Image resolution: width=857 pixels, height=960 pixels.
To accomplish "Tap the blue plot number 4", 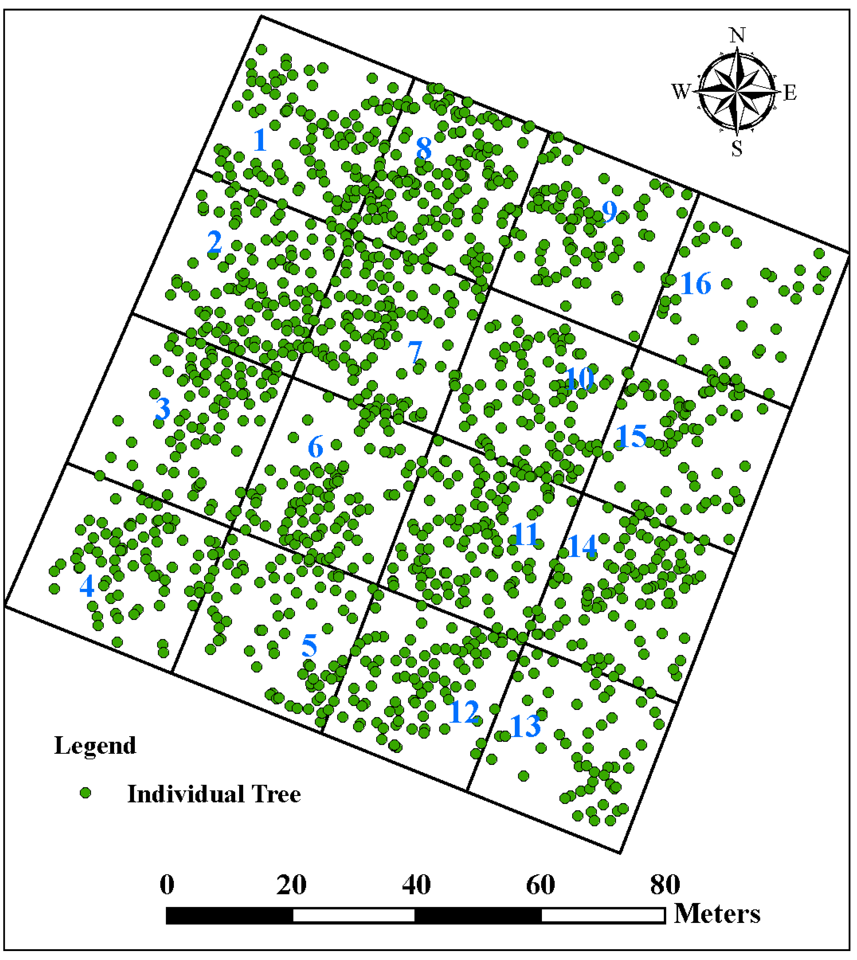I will click(87, 587).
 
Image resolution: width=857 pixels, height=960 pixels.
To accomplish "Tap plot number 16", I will click(695, 284).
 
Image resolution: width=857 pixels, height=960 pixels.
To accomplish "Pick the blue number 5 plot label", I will click(309, 645).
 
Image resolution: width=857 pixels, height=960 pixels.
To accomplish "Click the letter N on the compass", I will click(737, 35).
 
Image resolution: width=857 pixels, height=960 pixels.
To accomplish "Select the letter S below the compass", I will click(737, 148).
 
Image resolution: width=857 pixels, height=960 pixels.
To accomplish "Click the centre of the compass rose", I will click(737, 91).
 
